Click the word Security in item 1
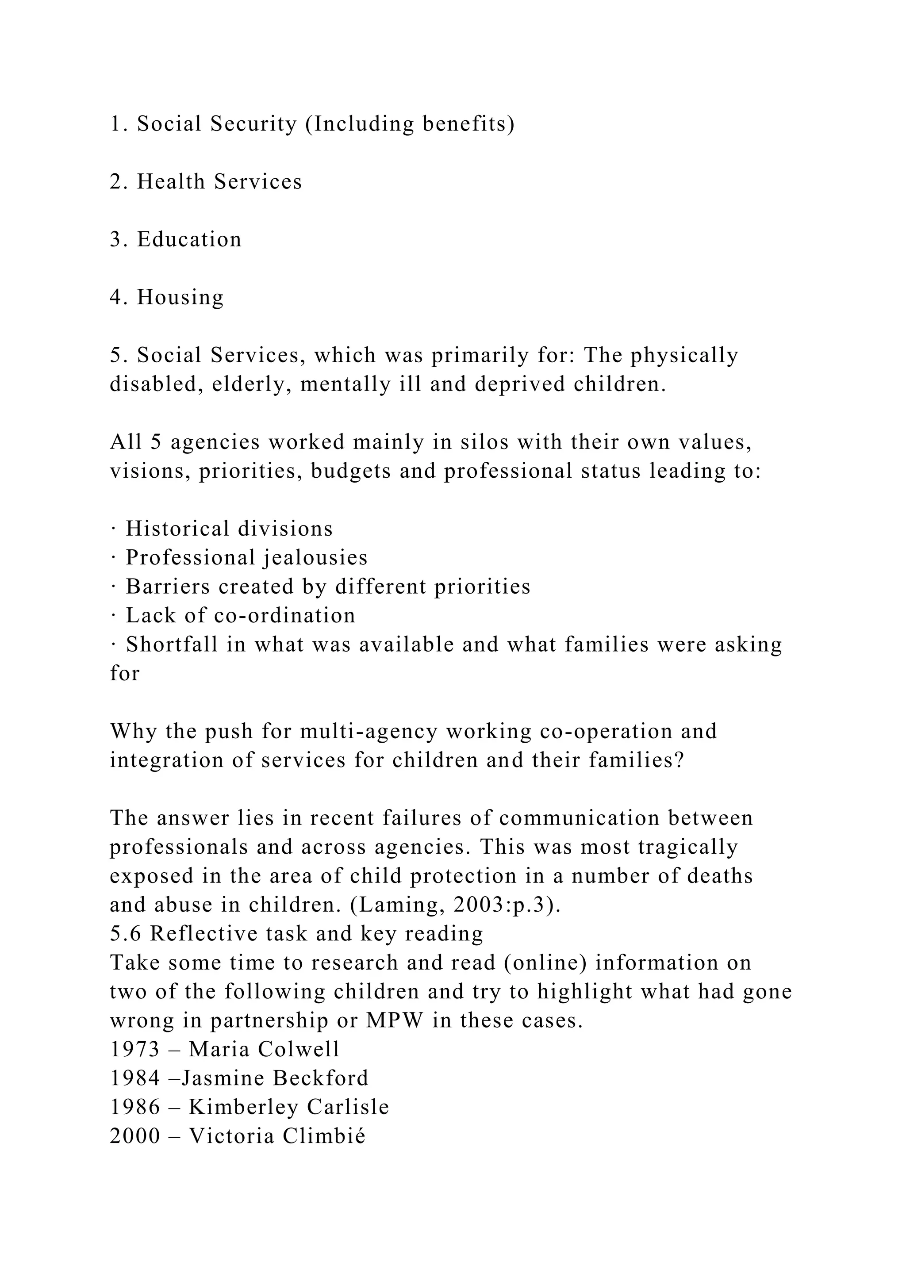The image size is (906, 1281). point(254,124)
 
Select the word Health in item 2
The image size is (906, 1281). point(171,182)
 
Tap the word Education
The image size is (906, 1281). point(189,239)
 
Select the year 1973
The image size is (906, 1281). point(135,1050)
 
